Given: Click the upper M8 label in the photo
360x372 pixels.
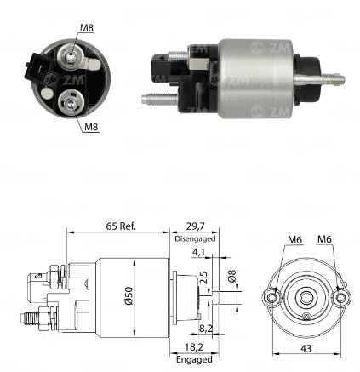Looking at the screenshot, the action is click(x=87, y=28).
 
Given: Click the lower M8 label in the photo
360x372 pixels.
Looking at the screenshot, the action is click(x=91, y=127).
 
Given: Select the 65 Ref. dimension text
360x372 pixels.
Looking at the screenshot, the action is click(x=121, y=226).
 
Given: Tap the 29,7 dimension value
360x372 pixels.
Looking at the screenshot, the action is click(x=195, y=226).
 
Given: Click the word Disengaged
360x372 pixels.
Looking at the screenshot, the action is click(x=195, y=238).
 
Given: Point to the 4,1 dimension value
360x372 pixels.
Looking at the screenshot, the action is click(x=198, y=252).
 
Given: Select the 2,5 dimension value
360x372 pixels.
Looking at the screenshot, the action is click(x=203, y=277).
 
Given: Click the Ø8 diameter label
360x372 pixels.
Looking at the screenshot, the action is click(x=232, y=276).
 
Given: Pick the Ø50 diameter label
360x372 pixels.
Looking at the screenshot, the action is click(x=129, y=295).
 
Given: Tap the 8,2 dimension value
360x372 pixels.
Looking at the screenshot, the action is click(x=206, y=329).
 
